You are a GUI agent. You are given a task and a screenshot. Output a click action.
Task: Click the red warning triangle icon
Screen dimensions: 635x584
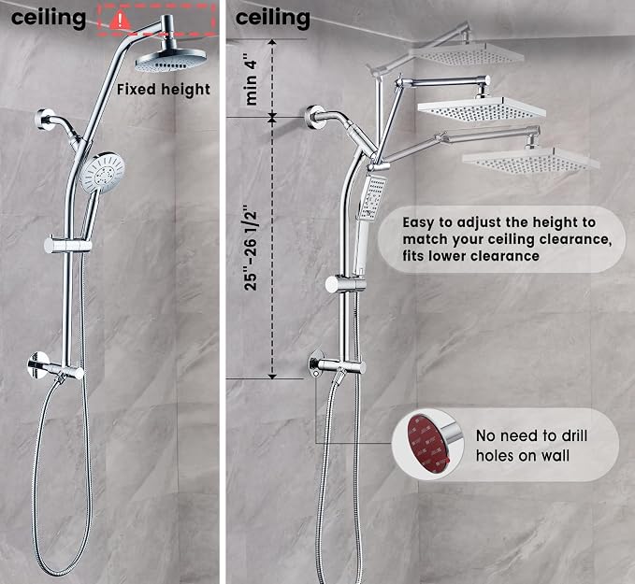pos(120,20)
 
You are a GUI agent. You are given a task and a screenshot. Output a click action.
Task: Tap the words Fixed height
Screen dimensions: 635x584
pos(164,90)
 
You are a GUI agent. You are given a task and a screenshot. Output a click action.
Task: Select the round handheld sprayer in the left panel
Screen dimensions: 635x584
pos(102,172)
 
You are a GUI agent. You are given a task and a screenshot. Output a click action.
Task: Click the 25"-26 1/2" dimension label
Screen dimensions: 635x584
pos(251,250)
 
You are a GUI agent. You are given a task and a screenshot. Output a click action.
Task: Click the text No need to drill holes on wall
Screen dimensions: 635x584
pos(531,446)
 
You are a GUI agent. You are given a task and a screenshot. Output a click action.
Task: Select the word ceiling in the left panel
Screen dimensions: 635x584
pos(49,18)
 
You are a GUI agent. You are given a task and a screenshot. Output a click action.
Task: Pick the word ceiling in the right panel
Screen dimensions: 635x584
pos(272,18)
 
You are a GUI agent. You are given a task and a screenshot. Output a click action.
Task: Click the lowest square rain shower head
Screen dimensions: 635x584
pos(530,160)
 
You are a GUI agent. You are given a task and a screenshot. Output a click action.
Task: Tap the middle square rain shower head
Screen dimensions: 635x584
pos(482,109)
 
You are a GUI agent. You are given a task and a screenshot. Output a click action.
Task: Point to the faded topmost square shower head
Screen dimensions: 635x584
pos(468,53)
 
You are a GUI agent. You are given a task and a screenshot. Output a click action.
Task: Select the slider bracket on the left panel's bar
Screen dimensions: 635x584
pos(67,245)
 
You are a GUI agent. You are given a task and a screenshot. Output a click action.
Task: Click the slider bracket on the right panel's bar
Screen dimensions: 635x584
pos(346,284)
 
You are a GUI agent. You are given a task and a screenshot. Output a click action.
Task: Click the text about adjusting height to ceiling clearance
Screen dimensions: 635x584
pos(507,239)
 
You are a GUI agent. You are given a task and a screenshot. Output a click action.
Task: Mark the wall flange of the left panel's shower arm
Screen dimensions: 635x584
pos(45,120)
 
